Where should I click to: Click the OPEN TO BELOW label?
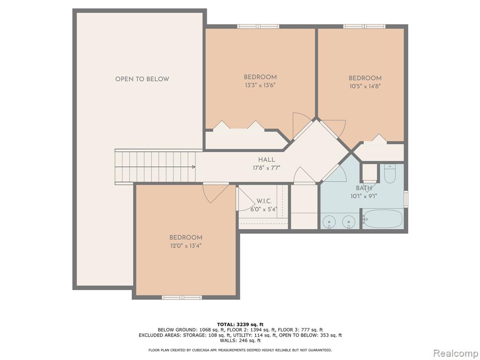point(142,79)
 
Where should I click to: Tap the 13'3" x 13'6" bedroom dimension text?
point(261,85)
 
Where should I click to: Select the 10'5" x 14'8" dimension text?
point(365,86)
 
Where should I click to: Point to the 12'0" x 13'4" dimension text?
point(186,246)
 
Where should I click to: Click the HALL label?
point(267,159)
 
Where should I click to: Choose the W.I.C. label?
point(264,201)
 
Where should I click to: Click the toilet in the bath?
point(390,173)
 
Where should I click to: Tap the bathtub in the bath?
point(383,219)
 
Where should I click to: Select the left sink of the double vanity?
point(329,221)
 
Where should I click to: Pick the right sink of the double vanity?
point(349,221)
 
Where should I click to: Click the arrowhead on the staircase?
point(194,167)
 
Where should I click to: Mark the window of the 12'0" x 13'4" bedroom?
point(182,297)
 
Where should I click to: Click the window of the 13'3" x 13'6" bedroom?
point(258,27)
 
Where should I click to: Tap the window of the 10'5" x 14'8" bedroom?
point(364,27)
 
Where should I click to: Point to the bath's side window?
point(406,199)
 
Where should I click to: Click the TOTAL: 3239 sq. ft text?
point(240,324)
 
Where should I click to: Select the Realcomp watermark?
point(456,353)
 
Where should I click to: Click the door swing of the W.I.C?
point(247,199)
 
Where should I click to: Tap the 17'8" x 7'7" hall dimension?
point(267,168)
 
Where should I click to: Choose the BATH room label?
point(364,188)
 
